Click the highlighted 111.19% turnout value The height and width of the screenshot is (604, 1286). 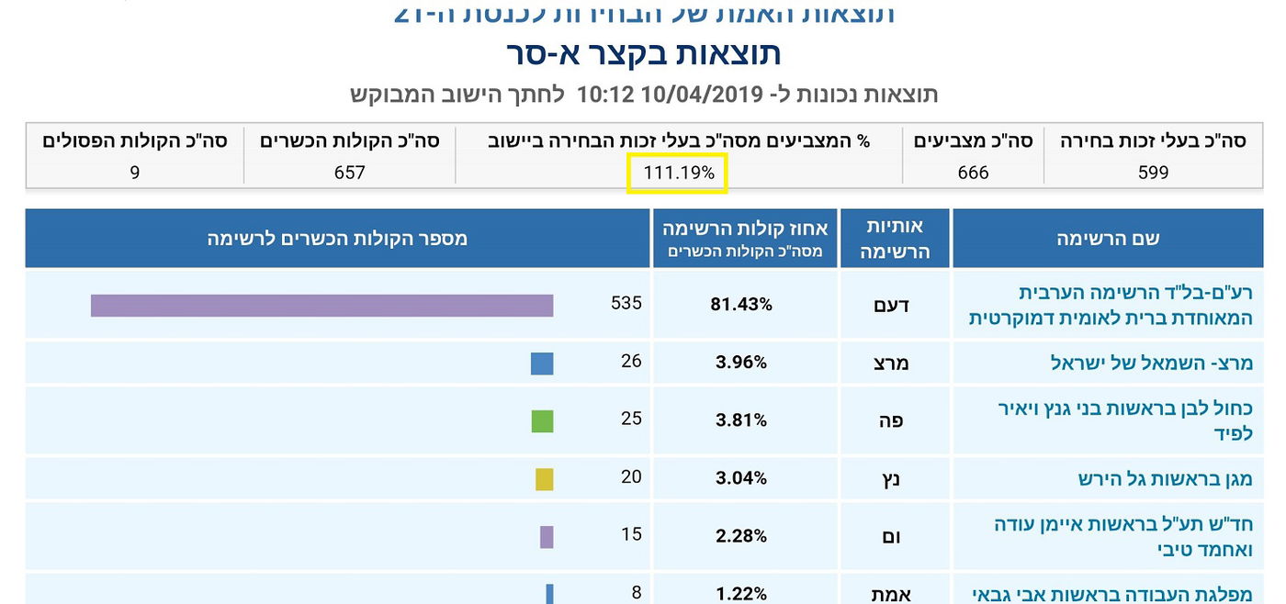pyautogui.click(x=678, y=173)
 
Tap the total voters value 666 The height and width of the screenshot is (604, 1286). pyautogui.click(x=973, y=173)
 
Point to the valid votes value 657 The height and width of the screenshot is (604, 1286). pyautogui.click(x=350, y=173)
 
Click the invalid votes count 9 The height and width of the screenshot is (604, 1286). pyautogui.click(x=135, y=173)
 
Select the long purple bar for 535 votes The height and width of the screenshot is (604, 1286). pyautogui.click(x=321, y=306)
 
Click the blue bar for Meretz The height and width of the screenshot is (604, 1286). pyautogui.click(x=542, y=364)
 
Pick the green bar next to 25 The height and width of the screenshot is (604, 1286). pyautogui.click(x=542, y=421)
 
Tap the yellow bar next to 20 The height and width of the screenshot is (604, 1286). pyautogui.click(x=545, y=479)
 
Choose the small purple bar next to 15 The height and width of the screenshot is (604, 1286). pyautogui.click(x=547, y=537)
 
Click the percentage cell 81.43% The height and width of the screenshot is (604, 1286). pyautogui.click(x=741, y=305)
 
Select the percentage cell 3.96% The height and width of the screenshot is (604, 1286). pyautogui.click(x=741, y=363)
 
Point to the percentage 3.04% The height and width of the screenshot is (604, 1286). pyautogui.click(x=741, y=478)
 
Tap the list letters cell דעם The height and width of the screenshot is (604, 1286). pyautogui.click(x=891, y=305)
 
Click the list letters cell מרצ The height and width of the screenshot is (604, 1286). pyautogui.click(x=891, y=363)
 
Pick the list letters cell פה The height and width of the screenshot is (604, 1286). pyautogui.click(x=891, y=420)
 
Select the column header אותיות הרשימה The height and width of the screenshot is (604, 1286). pyautogui.click(x=895, y=239)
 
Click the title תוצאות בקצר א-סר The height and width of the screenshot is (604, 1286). pyautogui.click(x=643, y=54)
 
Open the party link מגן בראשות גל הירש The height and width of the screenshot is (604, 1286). pyautogui.click(x=1165, y=479)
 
